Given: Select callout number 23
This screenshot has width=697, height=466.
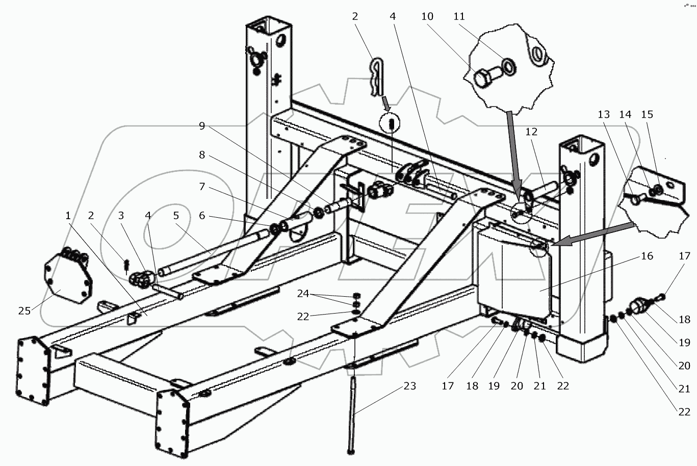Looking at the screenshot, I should click(409, 386).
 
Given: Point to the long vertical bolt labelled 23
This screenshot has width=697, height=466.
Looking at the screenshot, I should click(352, 413).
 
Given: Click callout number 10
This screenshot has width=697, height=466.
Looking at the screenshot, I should click(427, 16).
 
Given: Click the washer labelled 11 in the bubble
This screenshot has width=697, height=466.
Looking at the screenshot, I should click(508, 65).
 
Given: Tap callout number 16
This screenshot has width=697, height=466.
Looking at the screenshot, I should click(647, 255).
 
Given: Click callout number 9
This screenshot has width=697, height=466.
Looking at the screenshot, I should click(202, 126).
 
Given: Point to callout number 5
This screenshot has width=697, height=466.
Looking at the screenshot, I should click(176, 216).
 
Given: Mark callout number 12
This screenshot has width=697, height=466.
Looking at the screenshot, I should click(531, 132).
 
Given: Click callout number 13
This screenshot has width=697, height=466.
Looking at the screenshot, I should click(604, 114).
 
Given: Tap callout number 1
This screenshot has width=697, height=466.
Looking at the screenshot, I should click(68, 216).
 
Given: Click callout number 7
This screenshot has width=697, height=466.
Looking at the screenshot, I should click(202, 187).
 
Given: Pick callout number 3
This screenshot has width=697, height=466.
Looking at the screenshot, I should click(121, 216).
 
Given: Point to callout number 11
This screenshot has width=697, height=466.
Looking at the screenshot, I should click(459, 16).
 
